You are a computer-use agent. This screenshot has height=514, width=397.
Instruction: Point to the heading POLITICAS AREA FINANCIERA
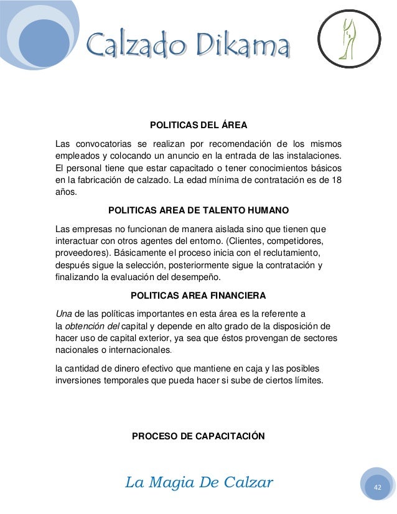tap(198, 294)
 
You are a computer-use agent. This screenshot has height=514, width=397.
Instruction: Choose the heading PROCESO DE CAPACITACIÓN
tap(198, 436)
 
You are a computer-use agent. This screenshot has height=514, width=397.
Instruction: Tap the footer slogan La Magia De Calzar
tap(199, 482)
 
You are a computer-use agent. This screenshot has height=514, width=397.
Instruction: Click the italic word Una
tap(63, 312)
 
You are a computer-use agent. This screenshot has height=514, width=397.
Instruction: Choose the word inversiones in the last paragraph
tap(77, 380)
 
